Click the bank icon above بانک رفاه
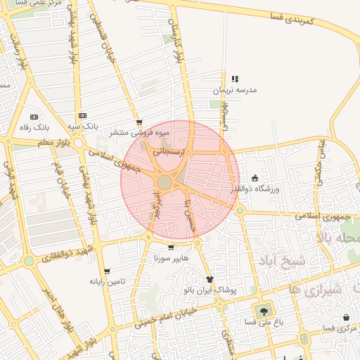point(33,117)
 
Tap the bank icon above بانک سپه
point(83,115)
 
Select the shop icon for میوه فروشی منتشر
point(139,122)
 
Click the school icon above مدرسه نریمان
point(235,79)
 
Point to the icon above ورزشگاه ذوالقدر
point(255,178)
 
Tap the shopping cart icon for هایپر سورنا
point(171,247)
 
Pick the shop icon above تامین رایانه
point(106,271)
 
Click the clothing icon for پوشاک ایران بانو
point(210,279)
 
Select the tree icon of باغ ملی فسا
point(264,310)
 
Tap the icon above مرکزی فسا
point(346,318)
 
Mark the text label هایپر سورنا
point(172,258)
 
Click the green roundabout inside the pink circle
point(165,183)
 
